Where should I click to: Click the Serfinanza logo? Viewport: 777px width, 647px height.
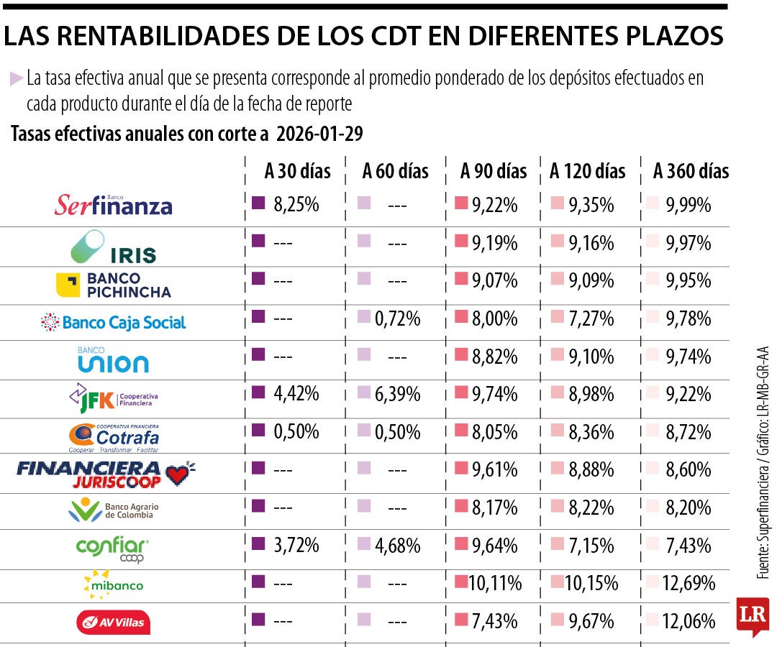coord(114,206)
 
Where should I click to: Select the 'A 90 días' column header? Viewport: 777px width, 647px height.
coord(494,172)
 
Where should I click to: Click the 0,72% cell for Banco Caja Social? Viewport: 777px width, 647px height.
coord(397,318)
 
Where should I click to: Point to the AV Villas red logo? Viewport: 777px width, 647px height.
coord(113,622)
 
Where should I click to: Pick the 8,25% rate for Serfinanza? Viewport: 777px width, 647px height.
coord(296,205)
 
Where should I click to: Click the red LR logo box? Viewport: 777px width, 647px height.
coord(752,616)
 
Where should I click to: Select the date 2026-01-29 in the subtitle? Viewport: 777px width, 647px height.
coord(319,134)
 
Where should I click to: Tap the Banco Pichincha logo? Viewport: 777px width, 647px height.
coord(113,285)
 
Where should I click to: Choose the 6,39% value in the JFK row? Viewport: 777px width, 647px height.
coord(397,394)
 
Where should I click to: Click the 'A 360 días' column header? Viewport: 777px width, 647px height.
coord(691,172)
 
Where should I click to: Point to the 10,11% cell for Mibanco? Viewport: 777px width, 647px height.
coord(495,583)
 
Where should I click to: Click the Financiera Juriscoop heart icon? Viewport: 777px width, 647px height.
coord(180,473)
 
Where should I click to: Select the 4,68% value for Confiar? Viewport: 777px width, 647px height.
coord(397,545)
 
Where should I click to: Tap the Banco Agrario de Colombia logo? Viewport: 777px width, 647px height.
coord(113,510)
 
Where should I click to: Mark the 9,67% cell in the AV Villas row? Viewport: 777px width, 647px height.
coord(591,620)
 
